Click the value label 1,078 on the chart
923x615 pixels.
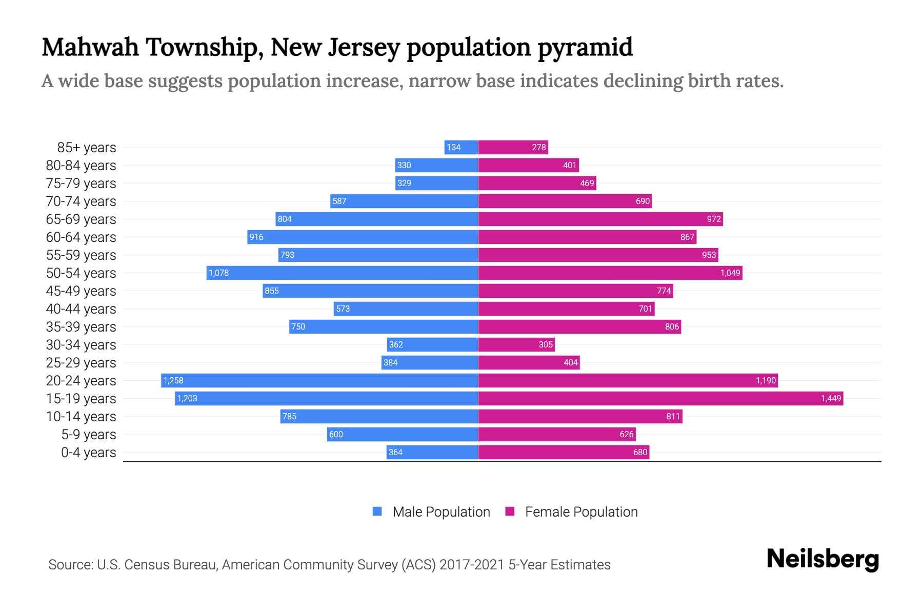click(x=219, y=273)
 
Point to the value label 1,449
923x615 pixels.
click(x=831, y=398)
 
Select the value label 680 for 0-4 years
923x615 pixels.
click(x=640, y=452)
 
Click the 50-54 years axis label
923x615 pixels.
click(x=81, y=273)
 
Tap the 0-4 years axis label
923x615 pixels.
click(x=88, y=452)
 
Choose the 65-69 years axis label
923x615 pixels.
click(x=81, y=219)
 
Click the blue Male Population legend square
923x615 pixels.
click(x=377, y=511)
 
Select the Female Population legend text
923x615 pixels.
click(x=581, y=511)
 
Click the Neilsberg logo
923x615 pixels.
click(x=822, y=559)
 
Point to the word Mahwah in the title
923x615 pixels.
click(x=90, y=47)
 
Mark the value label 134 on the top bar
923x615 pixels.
click(x=453, y=147)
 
